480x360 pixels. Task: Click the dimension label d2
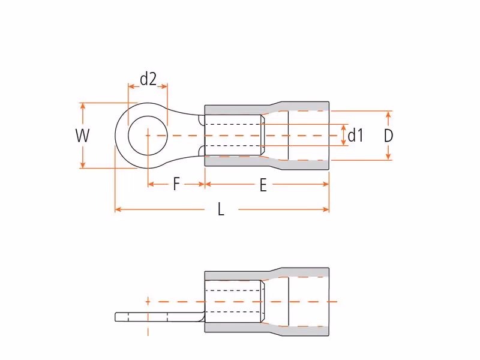coord(148,79)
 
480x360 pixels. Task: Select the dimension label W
coord(82,136)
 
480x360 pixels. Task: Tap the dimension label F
coord(176,184)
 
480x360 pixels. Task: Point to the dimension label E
coord(263,185)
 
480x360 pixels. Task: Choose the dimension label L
coord(221,209)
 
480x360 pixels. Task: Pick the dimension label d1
coord(355,136)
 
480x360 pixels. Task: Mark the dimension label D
coord(388,136)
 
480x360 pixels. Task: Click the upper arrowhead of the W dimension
coord(83,106)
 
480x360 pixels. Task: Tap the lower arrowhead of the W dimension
coord(83,165)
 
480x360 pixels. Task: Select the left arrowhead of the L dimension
coord(118,209)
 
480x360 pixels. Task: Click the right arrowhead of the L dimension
coord(326,209)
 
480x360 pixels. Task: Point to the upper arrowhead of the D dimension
coord(388,114)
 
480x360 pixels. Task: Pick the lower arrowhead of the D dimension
coord(388,157)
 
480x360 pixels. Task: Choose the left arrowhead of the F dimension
coord(151,184)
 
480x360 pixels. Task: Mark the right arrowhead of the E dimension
coord(326,184)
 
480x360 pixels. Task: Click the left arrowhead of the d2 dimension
coord(131,86)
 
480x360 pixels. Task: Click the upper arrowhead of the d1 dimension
coord(343,128)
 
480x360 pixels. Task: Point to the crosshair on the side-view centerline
coord(148,302)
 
